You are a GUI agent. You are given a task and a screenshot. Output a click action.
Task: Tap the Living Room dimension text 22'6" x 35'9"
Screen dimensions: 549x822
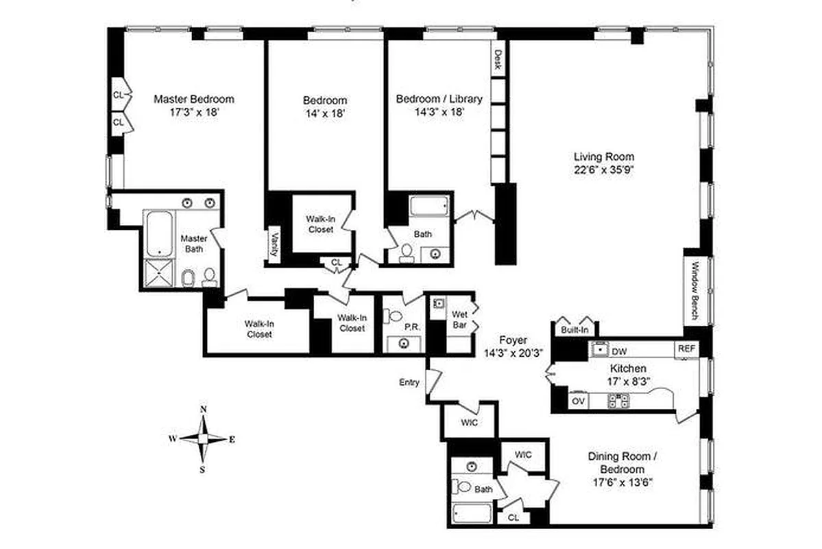click(x=604, y=172)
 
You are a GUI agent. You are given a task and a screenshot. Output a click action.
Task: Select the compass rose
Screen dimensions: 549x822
click(x=203, y=439)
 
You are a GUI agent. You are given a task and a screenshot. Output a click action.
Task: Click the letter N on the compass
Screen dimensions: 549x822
click(x=203, y=410)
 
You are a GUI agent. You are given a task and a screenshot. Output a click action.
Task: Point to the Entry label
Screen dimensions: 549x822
click(x=409, y=382)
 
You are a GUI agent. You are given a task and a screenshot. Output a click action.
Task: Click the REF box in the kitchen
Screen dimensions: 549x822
click(x=686, y=349)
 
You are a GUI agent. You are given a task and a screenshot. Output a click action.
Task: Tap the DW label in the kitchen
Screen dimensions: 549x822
click(x=619, y=350)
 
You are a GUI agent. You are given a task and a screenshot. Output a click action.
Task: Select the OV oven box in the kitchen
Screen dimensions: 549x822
click(x=577, y=400)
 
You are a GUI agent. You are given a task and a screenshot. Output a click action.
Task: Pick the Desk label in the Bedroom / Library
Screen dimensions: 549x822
click(x=498, y=60)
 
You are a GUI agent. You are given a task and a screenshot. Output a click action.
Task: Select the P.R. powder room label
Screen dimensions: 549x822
click(x=411, y=327)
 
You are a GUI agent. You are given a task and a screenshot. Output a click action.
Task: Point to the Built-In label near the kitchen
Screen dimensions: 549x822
click(x=575, y=330)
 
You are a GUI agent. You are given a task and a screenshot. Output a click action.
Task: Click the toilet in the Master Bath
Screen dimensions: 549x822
click(x=187, y=277)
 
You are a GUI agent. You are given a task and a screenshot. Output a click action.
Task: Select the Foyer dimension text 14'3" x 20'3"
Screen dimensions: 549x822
click(x=513, y=353)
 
